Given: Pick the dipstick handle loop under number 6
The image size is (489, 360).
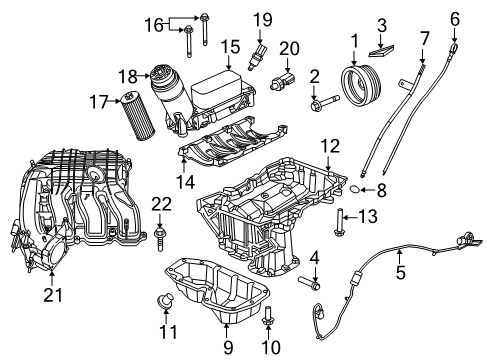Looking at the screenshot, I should [456, 47].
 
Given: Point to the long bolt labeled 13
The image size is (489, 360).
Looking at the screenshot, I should [340, 215].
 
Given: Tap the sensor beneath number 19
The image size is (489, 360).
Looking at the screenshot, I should [262, 52].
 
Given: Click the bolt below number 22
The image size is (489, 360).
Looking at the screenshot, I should [161, 237].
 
